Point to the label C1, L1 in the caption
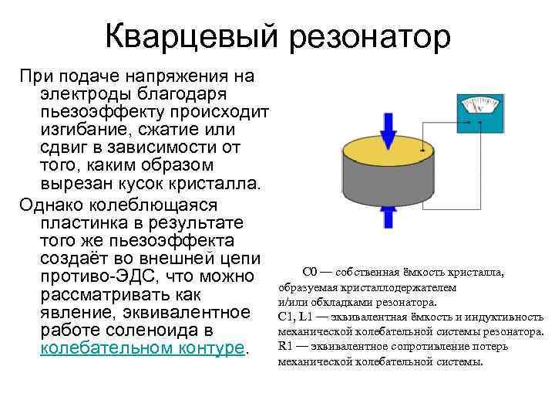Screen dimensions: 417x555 (x=296, y=317)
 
